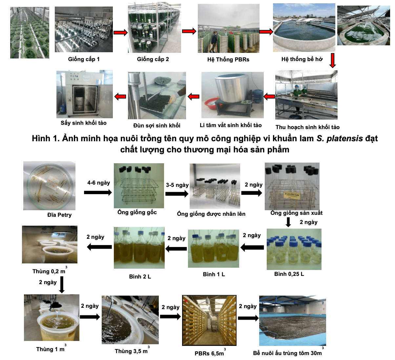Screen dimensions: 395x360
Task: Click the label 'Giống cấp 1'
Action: [x=84, y=59]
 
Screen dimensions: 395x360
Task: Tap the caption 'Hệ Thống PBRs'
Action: [x=228, y=59]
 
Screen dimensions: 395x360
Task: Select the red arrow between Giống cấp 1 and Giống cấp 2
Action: [x=120, y=33]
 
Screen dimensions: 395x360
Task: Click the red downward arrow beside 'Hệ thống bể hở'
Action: [x=332, y=60]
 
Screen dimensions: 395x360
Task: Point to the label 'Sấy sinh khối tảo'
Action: [x=83, y=123]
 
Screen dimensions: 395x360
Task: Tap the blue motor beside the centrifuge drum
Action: [x=257, y=96]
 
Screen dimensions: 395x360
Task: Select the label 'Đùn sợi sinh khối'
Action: [x=157, y=125]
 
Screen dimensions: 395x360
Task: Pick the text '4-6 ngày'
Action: [x=99, y=183]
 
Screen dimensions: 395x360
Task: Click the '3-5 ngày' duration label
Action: [x=177, y=185]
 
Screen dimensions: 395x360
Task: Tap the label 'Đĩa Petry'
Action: [x=59, y=215]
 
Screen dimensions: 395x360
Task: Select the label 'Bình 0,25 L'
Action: [x=289, y=274]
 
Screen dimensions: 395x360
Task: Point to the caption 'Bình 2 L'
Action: [x=140, y=277]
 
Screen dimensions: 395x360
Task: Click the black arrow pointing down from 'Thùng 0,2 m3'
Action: [x=62, y=284]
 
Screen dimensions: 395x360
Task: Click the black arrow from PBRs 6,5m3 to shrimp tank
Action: [x=248, y=318]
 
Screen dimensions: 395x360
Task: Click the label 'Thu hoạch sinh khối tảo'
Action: [x=307, y=127]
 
